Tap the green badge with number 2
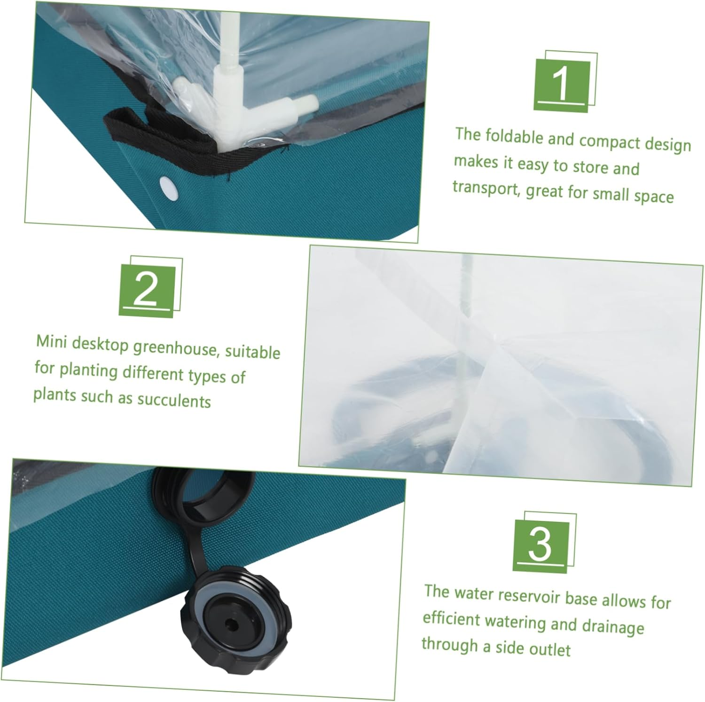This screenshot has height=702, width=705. coord(147,291)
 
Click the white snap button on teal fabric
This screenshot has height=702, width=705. coord(168,186)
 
